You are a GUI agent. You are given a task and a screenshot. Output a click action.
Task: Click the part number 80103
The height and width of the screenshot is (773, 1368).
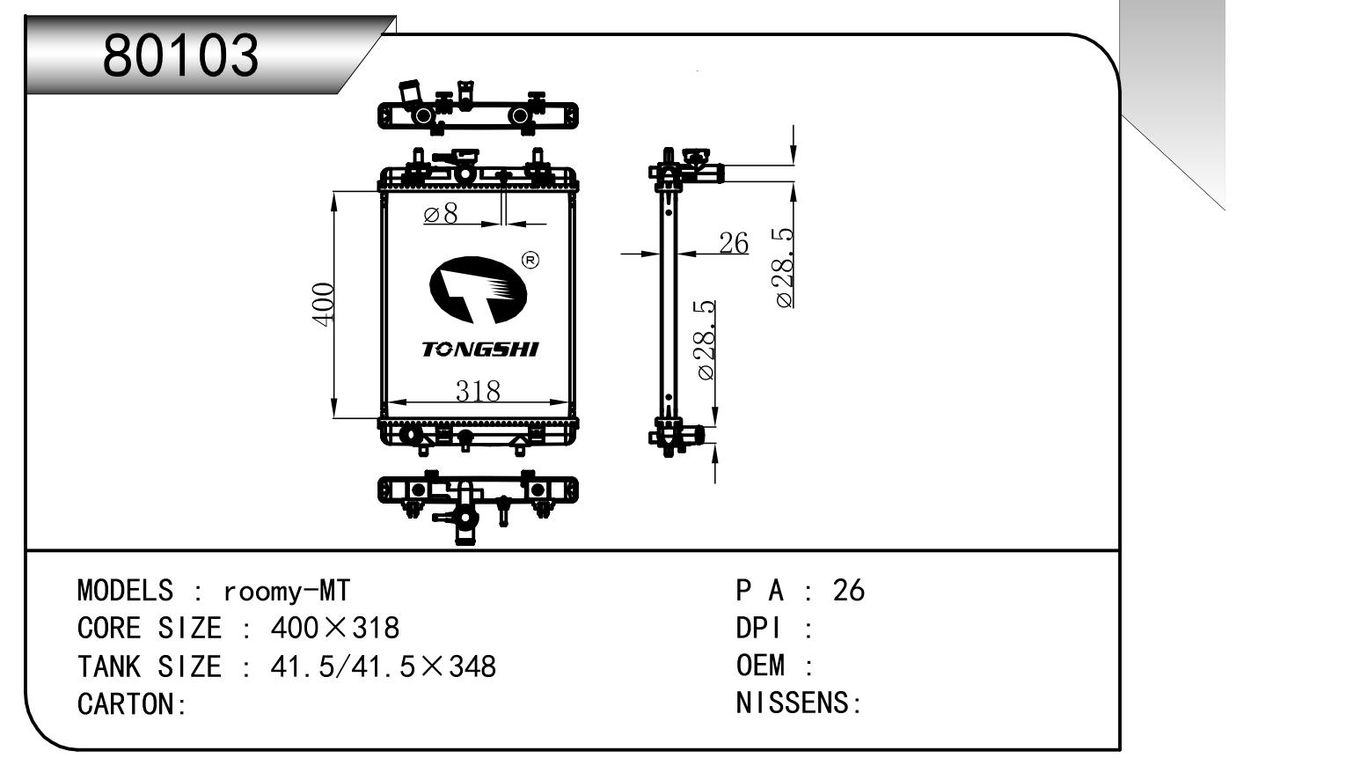click(x=181, y=55)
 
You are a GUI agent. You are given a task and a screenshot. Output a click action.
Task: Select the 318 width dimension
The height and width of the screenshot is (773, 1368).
click(x=478, y=390)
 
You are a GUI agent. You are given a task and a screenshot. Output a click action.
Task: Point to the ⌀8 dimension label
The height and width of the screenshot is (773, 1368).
click(x=441, y=214)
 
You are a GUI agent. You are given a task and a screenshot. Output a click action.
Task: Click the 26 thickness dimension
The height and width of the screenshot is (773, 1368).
click(x=733, y=243)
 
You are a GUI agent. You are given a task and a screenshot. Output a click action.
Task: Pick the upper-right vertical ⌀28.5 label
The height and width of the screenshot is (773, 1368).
click(x=785, y=268)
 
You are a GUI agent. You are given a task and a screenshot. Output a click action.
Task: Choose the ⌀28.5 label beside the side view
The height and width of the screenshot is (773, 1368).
click(x=706, y=340)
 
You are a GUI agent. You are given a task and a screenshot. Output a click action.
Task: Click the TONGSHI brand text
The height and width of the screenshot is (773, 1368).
click(x=480, y=350)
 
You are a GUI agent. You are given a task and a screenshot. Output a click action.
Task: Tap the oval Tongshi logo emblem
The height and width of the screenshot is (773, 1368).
click(x=478, y=290)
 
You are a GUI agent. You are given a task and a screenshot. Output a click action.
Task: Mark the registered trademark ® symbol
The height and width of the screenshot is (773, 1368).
click(x=530, y=260)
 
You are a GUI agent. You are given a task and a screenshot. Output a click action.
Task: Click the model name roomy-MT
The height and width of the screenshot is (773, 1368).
click(x=287, y=590)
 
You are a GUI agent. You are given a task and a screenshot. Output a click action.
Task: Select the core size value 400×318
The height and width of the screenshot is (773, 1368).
click(x=334, y=628)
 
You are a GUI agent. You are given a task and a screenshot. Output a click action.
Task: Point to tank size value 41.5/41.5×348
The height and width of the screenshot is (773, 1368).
click(x=383, y=666)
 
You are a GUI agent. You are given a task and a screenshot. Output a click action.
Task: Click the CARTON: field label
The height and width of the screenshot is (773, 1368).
click(x=132, y=704)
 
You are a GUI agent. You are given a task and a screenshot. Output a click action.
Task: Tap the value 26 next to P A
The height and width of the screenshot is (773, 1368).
click(x=848, y=590)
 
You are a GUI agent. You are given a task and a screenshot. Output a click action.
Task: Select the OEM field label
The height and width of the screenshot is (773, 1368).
click(x=760, y=666)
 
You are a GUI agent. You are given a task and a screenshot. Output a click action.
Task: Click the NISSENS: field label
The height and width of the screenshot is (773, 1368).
click(x=798, y=703)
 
